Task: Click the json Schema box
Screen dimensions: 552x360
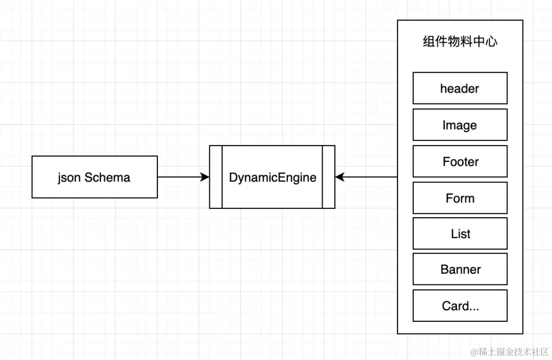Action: point(95,177)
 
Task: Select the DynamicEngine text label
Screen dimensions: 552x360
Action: point(273,178)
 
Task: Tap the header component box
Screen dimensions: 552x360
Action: point(460,88)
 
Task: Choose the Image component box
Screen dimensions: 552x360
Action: point(460,125)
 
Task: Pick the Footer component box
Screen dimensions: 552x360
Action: point(460,161)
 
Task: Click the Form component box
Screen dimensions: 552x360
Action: point(460,198)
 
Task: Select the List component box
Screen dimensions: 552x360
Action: point(460,233)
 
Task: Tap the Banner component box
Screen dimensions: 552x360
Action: point(460,269)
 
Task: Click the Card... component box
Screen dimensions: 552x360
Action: point(460,306)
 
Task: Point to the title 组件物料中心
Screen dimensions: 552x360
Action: point(460,42)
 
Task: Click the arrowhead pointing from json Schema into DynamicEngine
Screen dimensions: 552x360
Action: point(204,177)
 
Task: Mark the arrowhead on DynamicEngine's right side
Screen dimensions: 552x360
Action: point(340,177)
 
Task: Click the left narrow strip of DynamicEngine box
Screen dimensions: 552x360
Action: point(216,177)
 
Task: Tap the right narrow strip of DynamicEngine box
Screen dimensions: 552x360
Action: point(329,177)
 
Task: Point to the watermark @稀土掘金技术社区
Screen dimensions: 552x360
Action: point(509,352)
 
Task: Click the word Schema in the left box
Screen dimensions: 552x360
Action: point(107,177)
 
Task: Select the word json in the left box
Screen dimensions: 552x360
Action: point(69,178)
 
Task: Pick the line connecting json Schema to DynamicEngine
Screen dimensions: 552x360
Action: point(183,177)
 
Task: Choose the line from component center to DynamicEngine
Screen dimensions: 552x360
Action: point(366,177)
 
